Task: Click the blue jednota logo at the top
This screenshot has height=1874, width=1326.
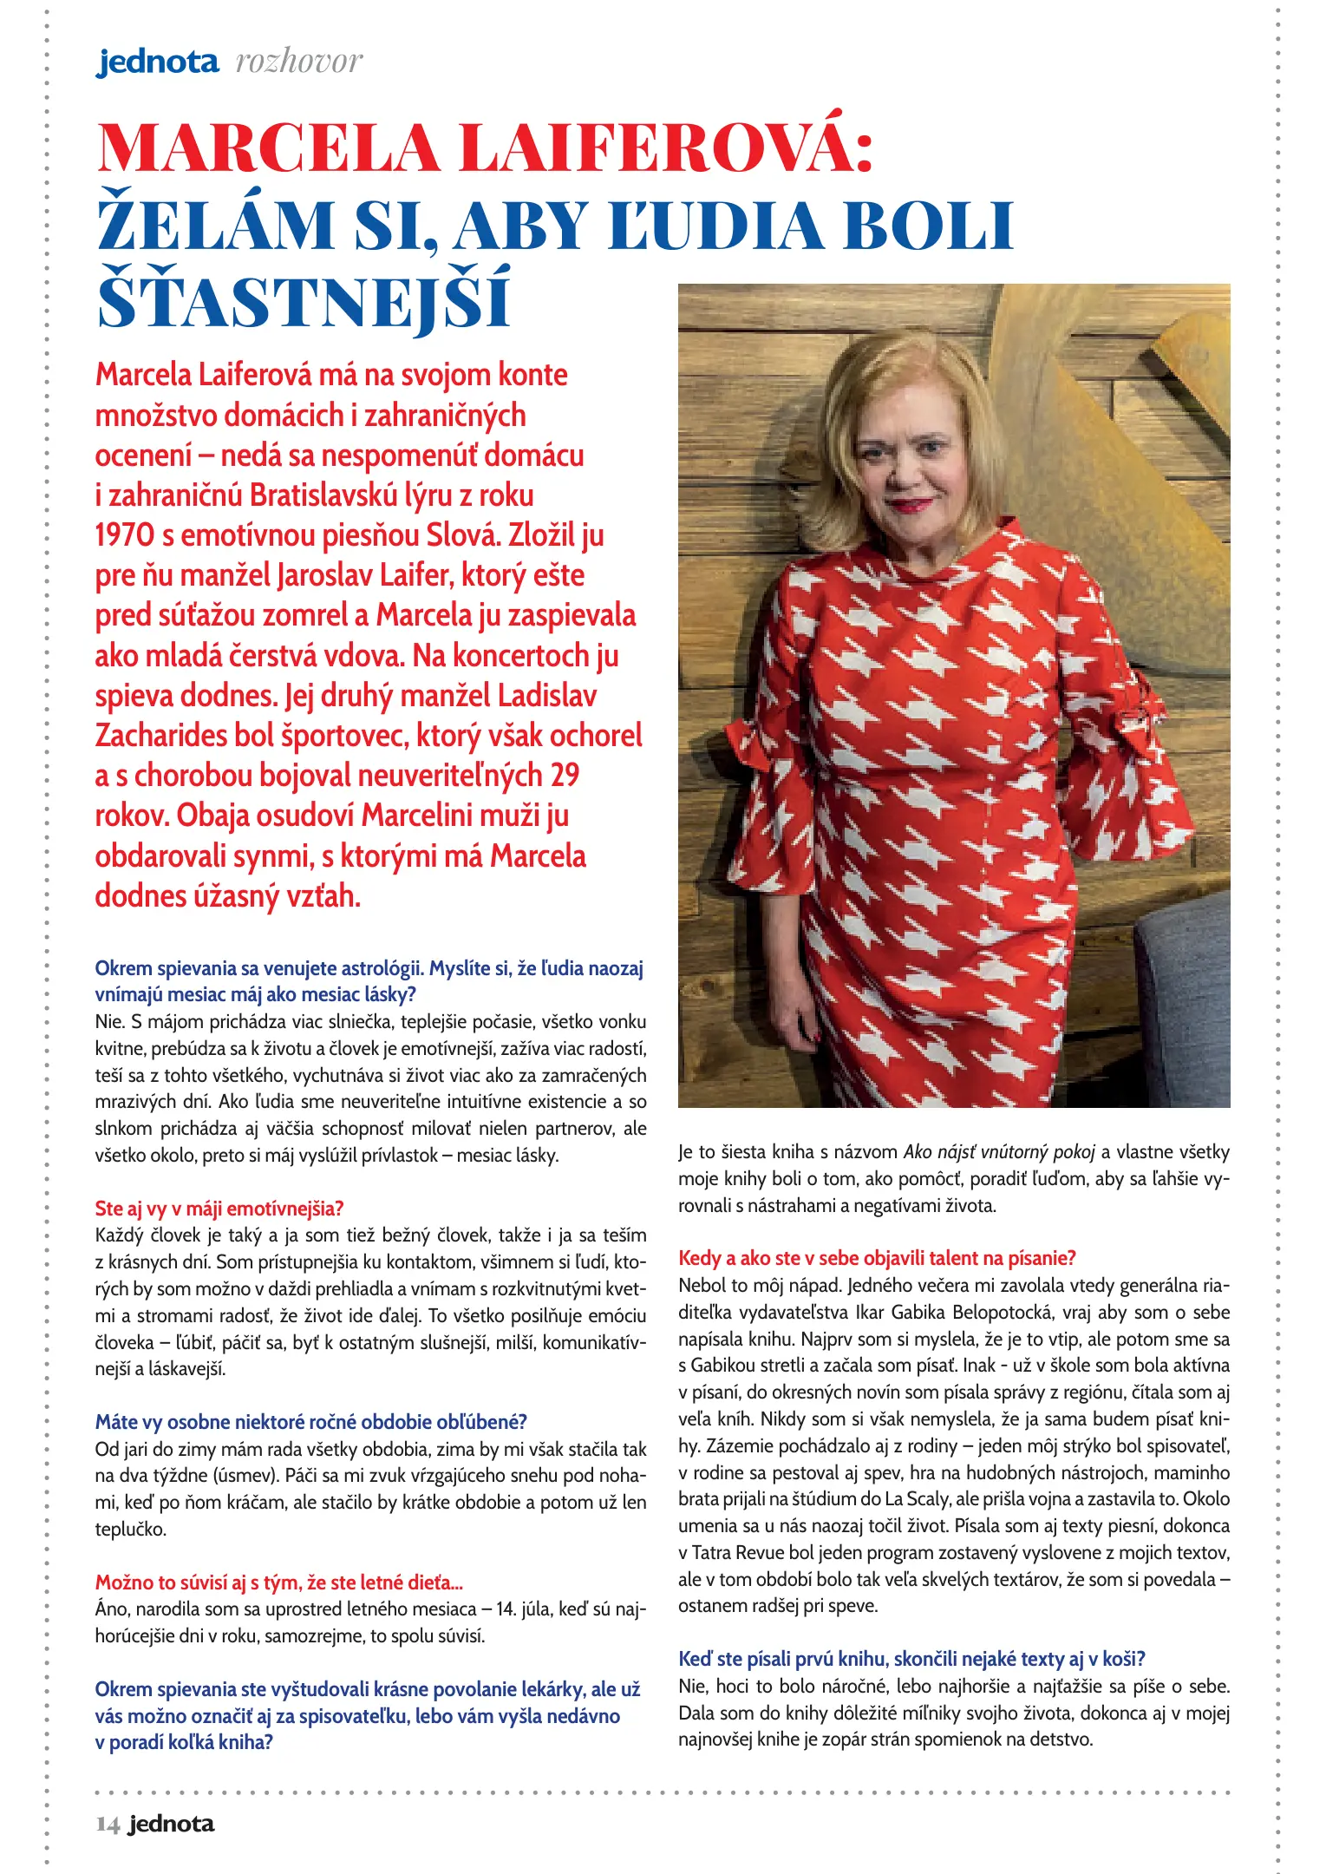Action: point(157,62)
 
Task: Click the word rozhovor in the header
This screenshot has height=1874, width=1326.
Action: point(299,62)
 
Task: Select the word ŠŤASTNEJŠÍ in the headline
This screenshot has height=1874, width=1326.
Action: point(303,300)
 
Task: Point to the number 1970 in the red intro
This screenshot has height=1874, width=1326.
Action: point(124,535)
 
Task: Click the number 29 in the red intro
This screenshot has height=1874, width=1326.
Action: point(565,775)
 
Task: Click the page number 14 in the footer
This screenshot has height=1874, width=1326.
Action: point(108,1824)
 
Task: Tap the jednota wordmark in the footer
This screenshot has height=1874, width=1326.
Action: point(171,1824)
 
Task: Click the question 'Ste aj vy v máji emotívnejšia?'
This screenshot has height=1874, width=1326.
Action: point(219,1208)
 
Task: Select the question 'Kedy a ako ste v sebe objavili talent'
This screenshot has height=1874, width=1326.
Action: point(877,1258)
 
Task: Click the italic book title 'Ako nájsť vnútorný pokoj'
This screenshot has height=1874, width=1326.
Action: point(999,1152)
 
